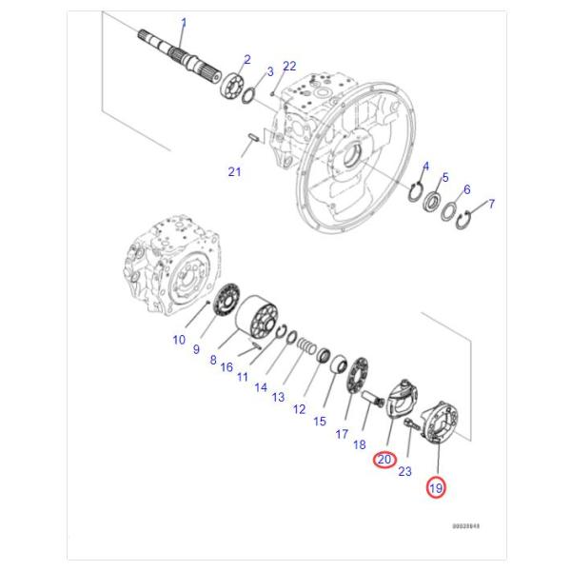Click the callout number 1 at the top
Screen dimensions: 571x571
coord(184,23)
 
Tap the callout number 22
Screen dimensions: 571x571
coord(289,66)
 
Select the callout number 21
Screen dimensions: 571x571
coord(234,171)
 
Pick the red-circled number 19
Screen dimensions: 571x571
coord(436,488)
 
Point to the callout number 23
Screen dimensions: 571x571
coord(404,471)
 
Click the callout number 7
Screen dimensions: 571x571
coord(492,204)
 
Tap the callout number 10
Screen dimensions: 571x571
coord(179,339)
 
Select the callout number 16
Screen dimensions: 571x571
coord(226,367)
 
